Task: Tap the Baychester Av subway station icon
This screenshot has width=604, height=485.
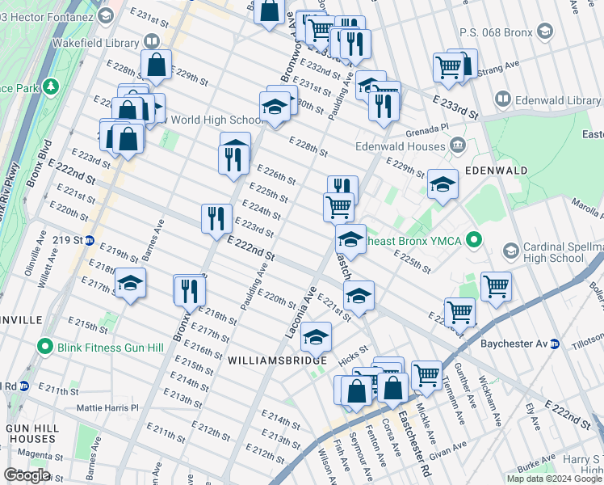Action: [x=555, y=344]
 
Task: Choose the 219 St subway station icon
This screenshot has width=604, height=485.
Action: [x=90, y=241]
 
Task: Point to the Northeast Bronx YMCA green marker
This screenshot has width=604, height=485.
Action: [x=475, y=240]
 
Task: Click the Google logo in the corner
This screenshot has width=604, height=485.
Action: [x=27, y=475]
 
